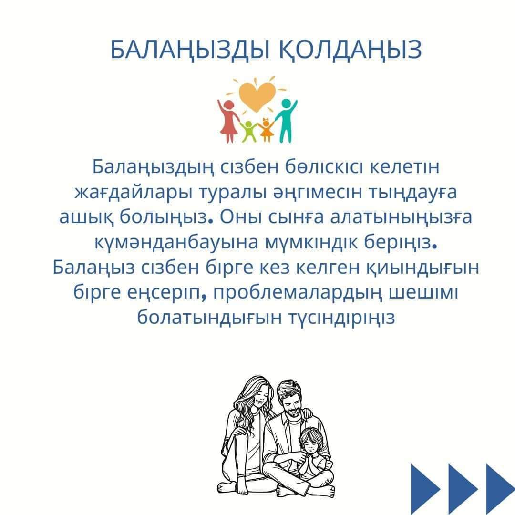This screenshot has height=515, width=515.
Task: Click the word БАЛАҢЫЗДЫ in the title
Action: [190, 50]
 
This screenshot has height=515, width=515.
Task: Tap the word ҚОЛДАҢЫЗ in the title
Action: [350, 50]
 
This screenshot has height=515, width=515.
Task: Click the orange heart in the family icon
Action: [257, 96]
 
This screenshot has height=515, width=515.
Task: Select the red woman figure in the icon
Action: [228, 121]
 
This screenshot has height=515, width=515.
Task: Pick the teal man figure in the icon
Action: [287, 120]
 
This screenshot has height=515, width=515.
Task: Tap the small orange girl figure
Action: [266, 130]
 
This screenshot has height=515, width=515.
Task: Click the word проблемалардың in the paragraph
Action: [298, 293]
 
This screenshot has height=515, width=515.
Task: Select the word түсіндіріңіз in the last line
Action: [341, 318]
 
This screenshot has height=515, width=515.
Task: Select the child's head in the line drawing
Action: [311, 441]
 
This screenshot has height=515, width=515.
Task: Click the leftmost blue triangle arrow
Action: [425, 489]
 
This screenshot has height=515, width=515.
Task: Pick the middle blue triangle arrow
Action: [463, 489]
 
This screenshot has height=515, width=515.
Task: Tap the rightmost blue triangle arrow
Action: [500, 489]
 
